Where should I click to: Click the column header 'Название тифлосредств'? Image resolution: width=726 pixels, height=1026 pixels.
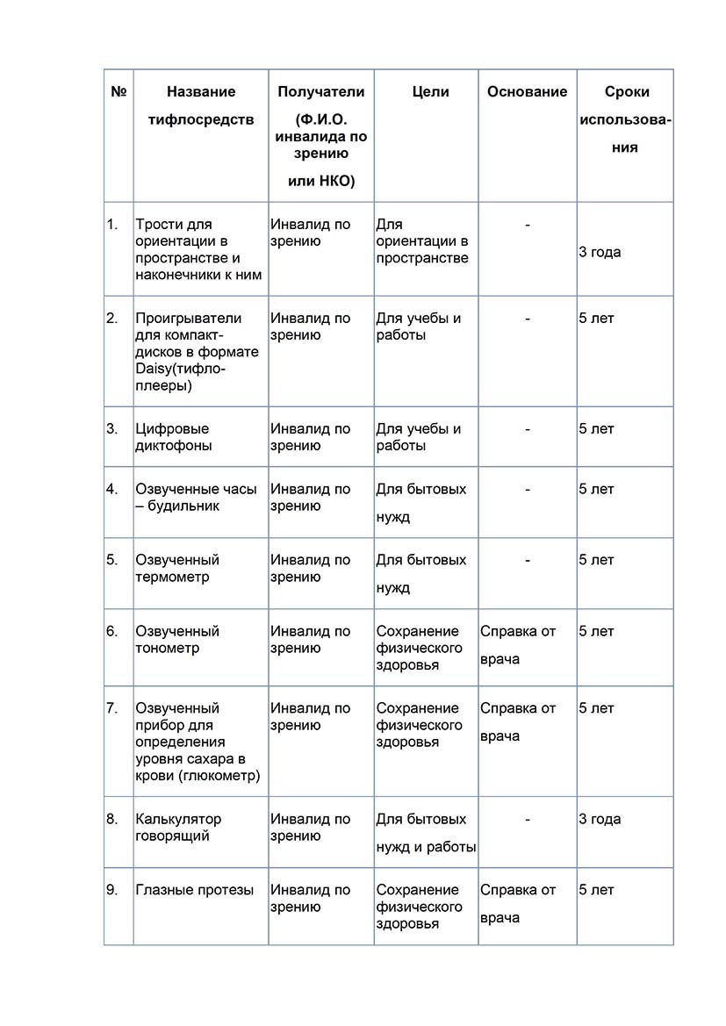point(201,105)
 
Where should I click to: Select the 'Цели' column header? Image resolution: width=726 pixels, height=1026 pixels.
point(430,91)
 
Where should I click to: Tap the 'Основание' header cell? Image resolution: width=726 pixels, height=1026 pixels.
point(527,91)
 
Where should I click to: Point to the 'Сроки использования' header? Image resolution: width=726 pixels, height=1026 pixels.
point(626,119)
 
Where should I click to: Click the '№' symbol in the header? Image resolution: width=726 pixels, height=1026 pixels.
point(119,91)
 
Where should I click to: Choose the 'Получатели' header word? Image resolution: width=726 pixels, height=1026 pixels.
point(320,91)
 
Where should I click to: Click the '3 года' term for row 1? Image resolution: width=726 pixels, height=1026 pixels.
point(600,252)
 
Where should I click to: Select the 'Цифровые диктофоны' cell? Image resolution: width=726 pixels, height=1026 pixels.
point(173,437)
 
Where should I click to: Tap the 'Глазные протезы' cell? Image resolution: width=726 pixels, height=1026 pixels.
point(195,890)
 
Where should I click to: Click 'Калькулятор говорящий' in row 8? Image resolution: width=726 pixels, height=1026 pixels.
point(178,828)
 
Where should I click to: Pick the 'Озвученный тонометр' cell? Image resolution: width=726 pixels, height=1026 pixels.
point(177,640)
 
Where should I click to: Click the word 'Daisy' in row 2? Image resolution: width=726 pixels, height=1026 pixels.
point(154,369)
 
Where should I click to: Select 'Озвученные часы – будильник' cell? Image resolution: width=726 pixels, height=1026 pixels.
point(196,498)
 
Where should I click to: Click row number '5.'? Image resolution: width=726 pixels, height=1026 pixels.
point(112,560)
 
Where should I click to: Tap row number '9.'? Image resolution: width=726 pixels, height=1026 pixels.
point(112,890)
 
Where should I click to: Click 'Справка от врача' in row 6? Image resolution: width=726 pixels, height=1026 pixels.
point(518,645)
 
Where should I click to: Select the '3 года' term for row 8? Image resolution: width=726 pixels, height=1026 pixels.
point(600,819)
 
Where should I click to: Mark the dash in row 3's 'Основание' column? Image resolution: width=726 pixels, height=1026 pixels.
point(528,429)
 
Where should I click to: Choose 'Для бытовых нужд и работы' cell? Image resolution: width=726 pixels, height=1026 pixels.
point(426,833)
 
